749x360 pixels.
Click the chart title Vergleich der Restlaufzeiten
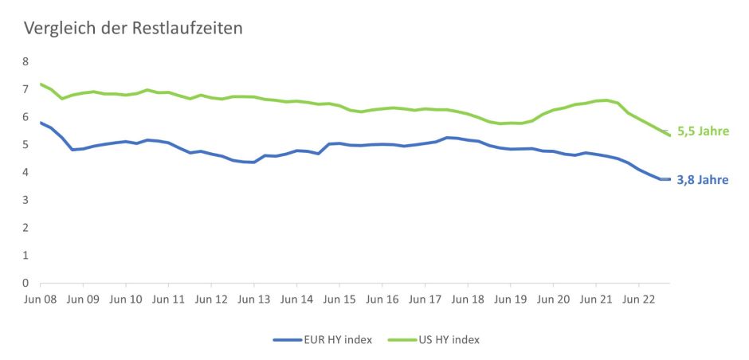pyautogui.click(x=133, y=29)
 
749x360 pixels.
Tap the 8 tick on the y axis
pyautogui.click(x=25, y=61)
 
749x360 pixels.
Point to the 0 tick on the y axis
pyautogui.click(x=25, y=283)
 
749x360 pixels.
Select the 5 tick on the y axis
pyautogui.click(x=25, y=144)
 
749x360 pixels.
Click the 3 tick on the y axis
pyautogui.click(x=25, y=200)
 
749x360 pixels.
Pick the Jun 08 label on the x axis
pyautogui.click(x=40, y=300)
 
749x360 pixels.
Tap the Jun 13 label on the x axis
pyautogui.click(x=253, y=300)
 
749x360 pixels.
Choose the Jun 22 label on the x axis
pyautogui.click(x=638, y=300)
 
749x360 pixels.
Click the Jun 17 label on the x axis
pyautogui.click(x=425, y=300)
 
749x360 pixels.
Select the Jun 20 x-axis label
pyautogui.click(x=553, y=300)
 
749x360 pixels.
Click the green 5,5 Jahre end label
pyautogui.click(x=703, y=131)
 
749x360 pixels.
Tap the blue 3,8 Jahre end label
pyautogui.click(x=703, y=180)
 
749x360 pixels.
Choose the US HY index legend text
pyautogui.click(x=449, y=339)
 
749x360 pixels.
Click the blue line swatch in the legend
pyautogui.click(x=287, y=339)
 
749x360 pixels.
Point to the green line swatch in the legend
pyautogui.click(x=400, y=339)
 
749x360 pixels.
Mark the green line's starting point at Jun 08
pyautogui.click(x=41, y=84)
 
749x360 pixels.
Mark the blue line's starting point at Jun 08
pyautogui.click(x=41, y=122)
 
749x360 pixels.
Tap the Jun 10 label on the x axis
pyautogui.click(x=125, y=300)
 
